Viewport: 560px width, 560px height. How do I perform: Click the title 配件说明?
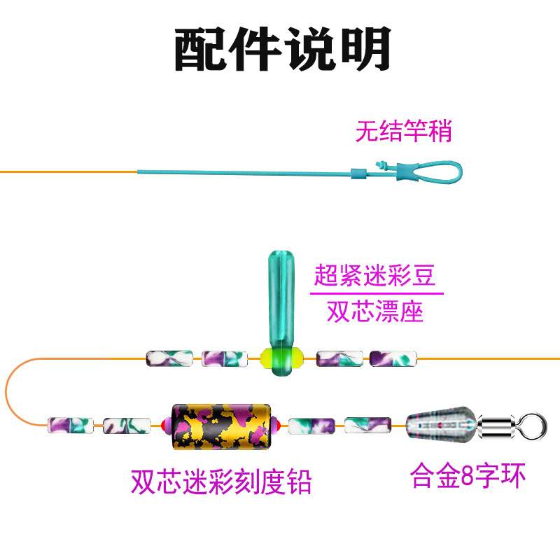(281, 49)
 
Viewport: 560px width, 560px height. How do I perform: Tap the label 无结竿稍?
(404, 131)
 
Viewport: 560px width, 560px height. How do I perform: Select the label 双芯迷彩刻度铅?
(221, 482)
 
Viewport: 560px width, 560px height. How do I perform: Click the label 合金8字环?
(468, 476)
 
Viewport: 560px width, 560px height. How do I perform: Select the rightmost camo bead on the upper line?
(393, 358)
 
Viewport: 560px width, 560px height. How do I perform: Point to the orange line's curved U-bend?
(8, 392)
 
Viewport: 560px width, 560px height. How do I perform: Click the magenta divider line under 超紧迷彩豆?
(377, 293)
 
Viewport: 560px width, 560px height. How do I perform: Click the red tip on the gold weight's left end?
(166, 424)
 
